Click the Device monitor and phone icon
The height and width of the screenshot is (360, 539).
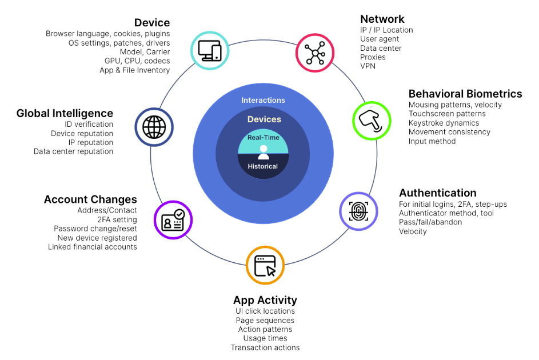tap(209, 51)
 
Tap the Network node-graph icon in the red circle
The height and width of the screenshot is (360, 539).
tap(315, 53)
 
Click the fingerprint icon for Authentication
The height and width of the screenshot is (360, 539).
tap(359, 211)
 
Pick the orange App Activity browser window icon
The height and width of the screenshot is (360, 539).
tap(265, 265)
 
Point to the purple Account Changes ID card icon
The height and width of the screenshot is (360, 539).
tap(173, 220)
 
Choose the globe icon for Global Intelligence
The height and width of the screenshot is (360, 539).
tap(154, 127)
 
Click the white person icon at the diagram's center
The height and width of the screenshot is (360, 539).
tap(263, 152)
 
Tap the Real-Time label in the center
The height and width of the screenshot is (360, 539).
tap(263, 138)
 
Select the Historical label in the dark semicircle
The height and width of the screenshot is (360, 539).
tap(263, 166)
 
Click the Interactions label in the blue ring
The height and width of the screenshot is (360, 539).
tap(263, 100)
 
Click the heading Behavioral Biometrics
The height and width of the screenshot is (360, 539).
tap(465, 94)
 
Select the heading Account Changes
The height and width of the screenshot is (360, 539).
tap(90, 199)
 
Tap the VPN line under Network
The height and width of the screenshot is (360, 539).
tap(368, 66)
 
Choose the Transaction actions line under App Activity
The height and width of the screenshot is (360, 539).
tap(265, 347)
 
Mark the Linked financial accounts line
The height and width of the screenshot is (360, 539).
tap(93, 247)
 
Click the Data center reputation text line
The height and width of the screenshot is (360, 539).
tap(73, 151)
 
